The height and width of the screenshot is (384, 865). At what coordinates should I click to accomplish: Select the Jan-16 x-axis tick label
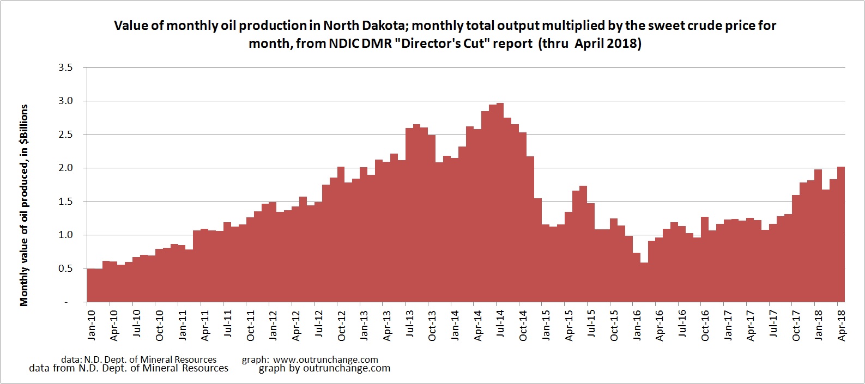[x=637, y=325]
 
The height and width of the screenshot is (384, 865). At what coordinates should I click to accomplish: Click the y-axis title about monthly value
[x=24, y=205]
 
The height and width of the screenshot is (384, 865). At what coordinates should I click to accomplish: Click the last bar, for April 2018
[x=841, y=234]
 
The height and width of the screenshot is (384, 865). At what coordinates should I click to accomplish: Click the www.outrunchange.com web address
[x=325, y=359]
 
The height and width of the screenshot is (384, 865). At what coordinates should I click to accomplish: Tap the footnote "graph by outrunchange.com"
[x=324, y=368]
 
